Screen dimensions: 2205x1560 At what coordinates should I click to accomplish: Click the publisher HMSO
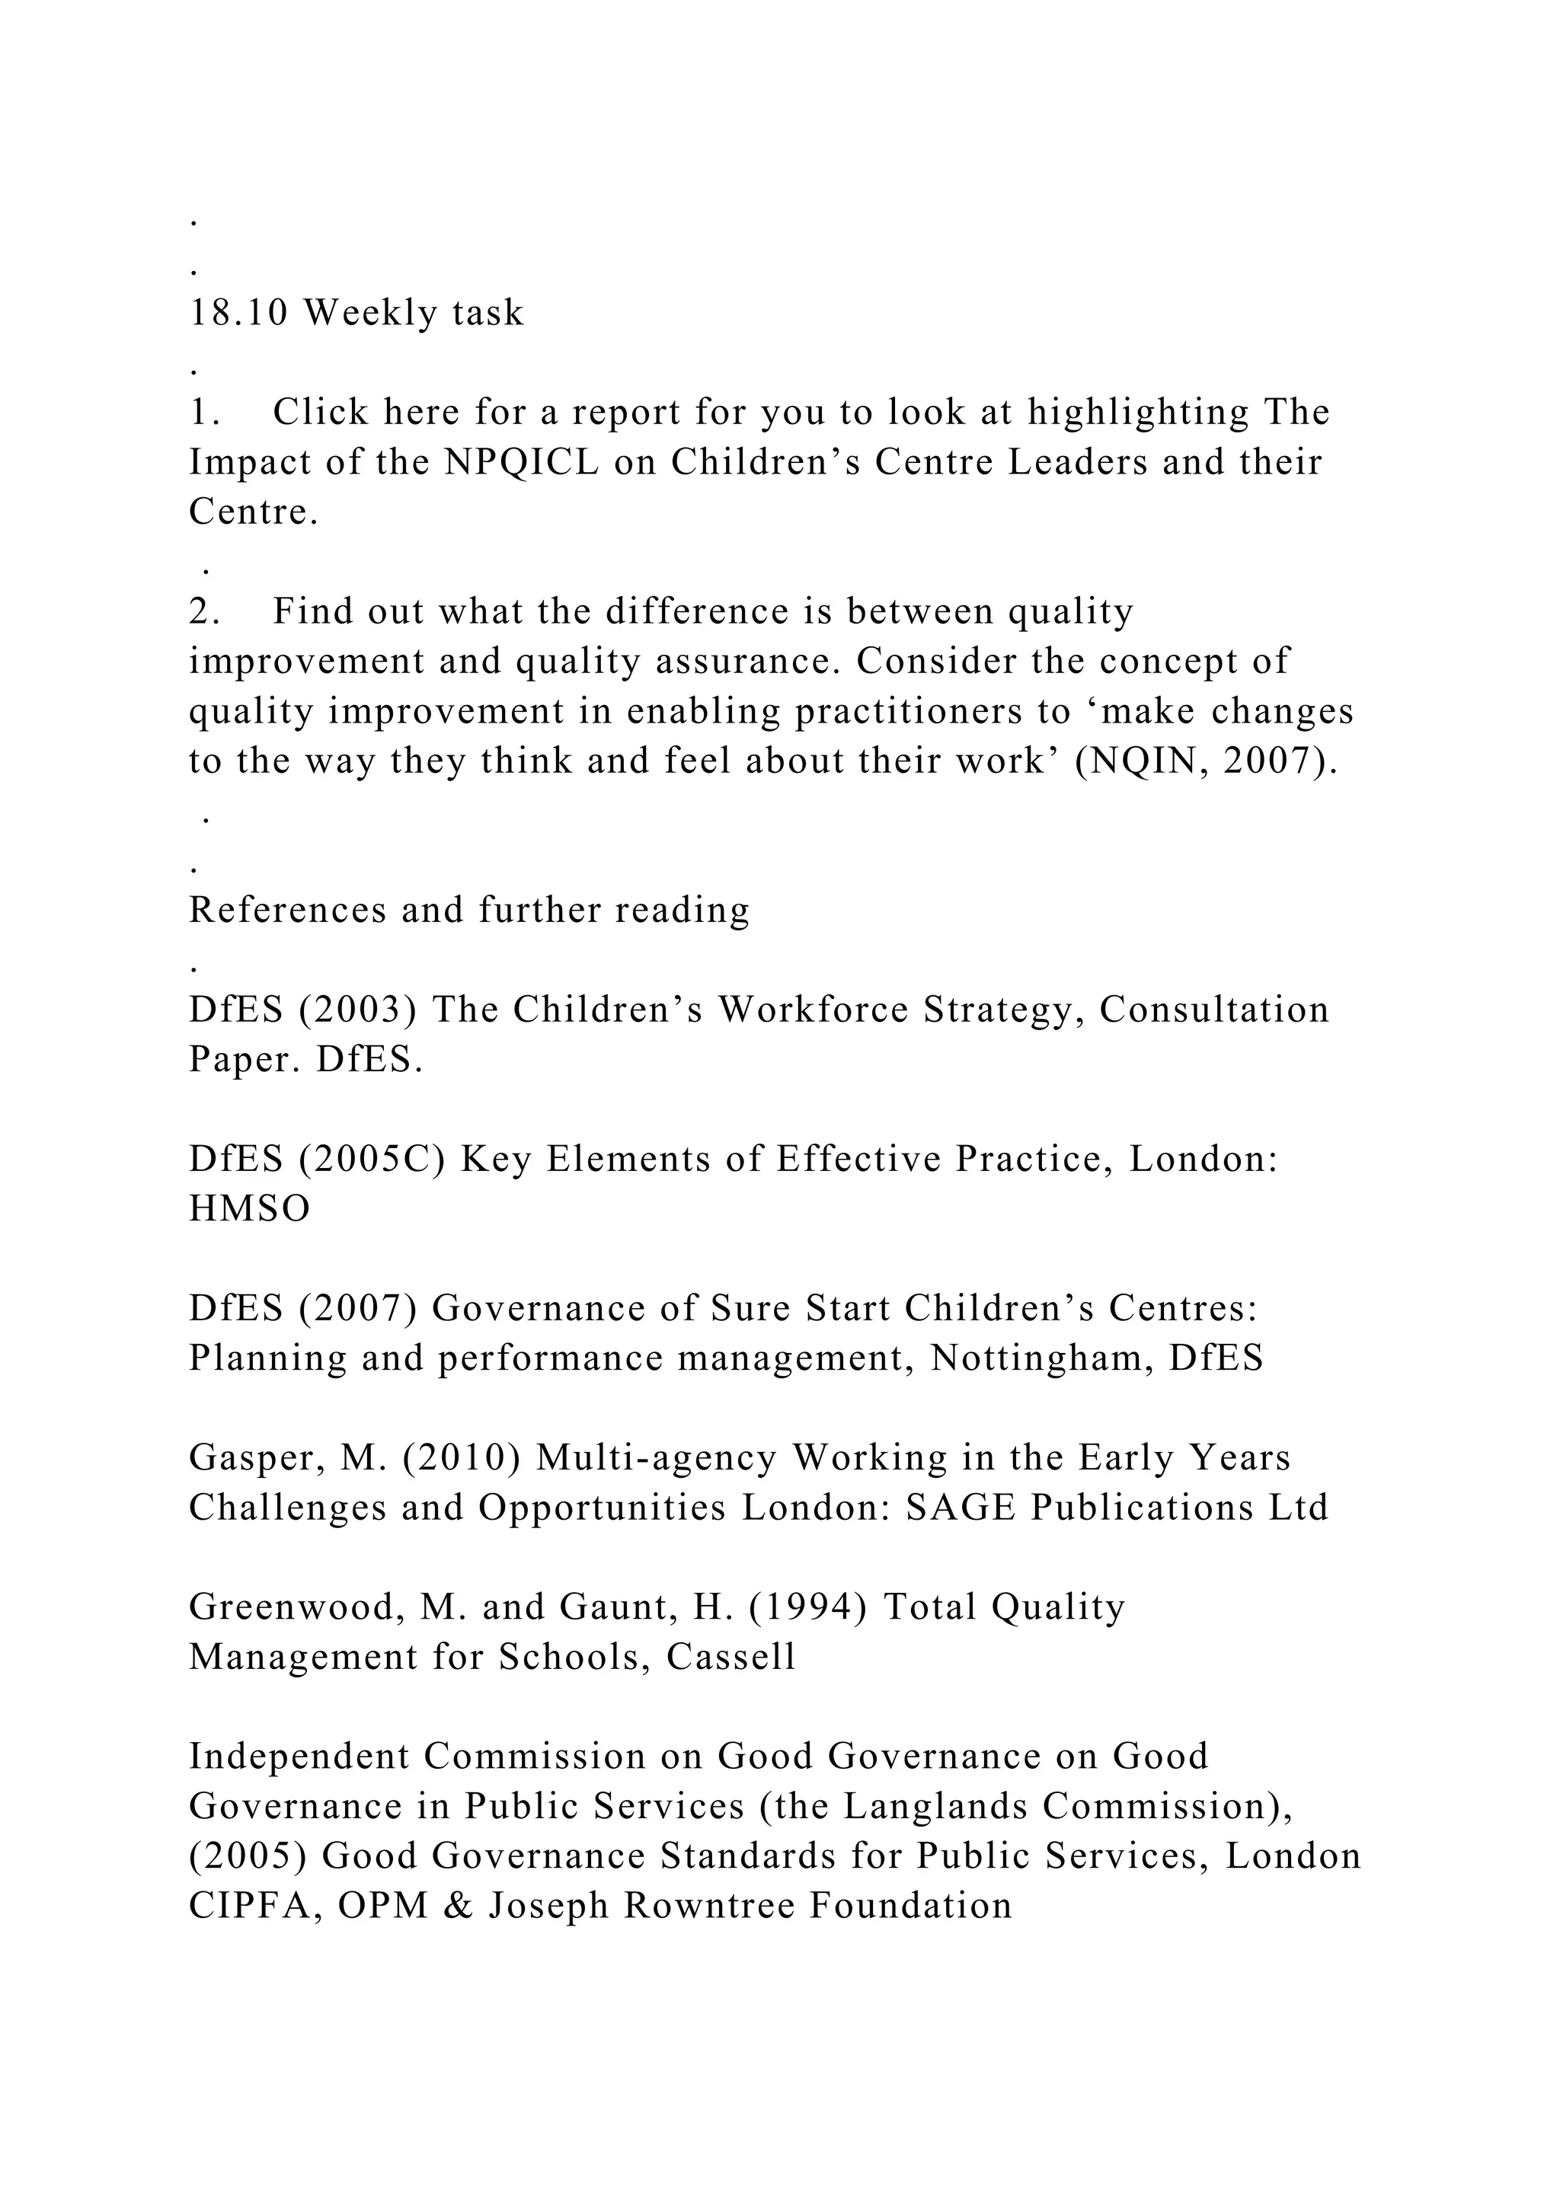click(250, 1208)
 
